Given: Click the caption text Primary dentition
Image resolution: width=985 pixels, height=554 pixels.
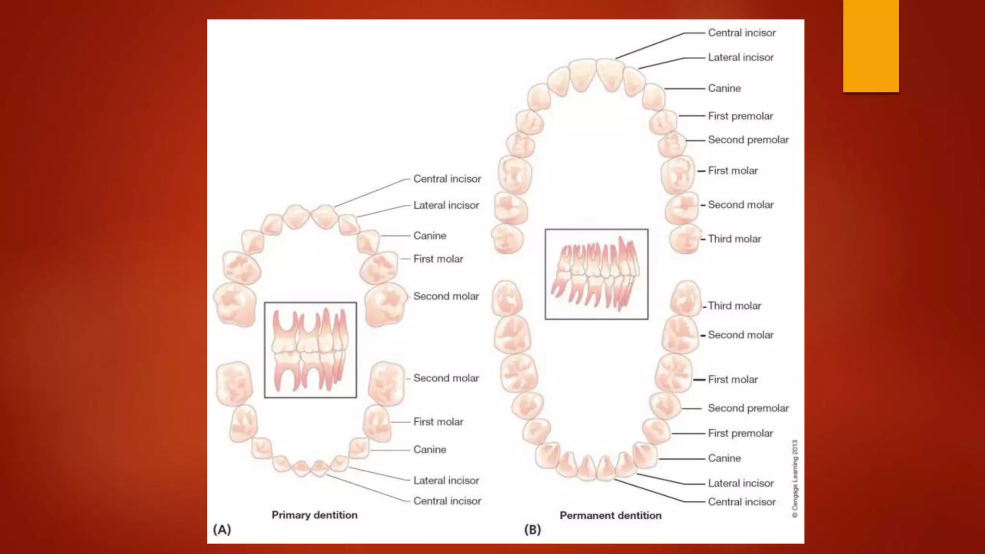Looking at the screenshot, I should click(315, 515).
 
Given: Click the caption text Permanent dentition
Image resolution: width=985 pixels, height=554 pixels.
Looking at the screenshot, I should click(610, 516).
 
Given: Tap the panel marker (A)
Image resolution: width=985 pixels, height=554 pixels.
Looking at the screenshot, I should click(222, 529).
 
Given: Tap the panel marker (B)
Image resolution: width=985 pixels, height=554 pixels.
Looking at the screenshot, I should click(532, 529).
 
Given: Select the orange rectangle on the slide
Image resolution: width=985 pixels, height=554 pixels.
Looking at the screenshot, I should click(871, 46).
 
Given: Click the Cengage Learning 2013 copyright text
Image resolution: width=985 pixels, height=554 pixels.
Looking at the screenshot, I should click(795, 478).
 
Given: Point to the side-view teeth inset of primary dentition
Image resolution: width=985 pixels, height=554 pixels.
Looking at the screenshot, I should click(310, 350).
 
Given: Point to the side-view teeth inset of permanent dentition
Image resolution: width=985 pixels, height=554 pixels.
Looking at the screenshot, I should click(596, 274).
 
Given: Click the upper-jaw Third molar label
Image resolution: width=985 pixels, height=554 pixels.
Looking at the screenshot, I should click(734, 239).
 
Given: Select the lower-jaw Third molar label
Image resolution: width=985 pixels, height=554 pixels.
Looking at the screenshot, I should click(734, 306).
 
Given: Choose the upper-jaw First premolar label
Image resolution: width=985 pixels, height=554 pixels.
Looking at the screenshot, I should click(740, 116).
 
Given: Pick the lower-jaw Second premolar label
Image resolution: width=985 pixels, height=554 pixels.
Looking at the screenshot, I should click(748, 408).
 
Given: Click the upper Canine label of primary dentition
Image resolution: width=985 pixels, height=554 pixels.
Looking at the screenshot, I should click(429, 236).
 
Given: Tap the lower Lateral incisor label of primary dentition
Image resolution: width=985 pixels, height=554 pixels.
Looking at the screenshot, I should click(446, 480).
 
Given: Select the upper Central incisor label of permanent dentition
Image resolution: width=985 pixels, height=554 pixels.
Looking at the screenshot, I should click(742, 33).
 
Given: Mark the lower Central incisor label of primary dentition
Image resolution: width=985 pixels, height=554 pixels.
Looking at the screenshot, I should click(447, 501).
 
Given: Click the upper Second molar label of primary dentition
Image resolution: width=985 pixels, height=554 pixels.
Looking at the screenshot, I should click(446, 296).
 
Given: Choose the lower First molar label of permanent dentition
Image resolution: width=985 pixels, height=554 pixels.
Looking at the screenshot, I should click(732, 379).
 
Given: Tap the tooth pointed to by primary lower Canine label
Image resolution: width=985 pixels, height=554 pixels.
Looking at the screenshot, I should click(359, 448).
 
